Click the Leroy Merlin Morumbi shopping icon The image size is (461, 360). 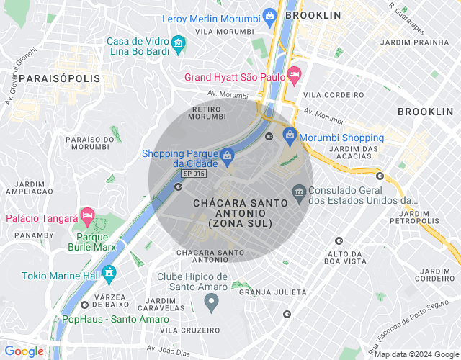click(269, 15)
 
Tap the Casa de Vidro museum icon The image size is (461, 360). click(178, 46)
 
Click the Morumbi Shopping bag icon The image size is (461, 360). click(290, 135)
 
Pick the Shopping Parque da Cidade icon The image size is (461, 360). click(227, 156)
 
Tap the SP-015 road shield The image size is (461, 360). click(194, 174)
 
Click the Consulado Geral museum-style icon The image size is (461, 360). click(299, 192)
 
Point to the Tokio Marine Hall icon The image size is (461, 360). click(109, 274)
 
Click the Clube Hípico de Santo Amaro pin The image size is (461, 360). click(211, 304)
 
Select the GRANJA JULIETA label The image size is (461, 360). click(272, 292)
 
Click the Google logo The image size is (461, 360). click(24, 351)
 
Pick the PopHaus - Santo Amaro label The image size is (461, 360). click(105, 319)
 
